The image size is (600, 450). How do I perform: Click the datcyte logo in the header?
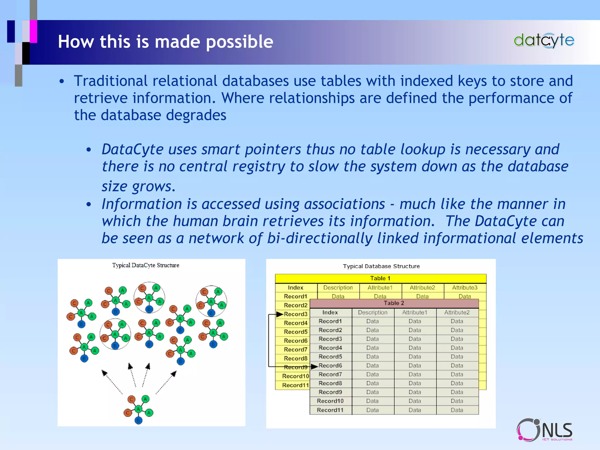point(544,40)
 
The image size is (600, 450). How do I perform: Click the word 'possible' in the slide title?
point(239,42)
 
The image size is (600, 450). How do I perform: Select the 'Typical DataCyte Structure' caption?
point(146,265)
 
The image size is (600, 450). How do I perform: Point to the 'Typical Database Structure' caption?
point(381,266)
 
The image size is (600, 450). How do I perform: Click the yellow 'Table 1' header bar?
point(380,278)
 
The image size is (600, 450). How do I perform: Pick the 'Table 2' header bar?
point(394,303)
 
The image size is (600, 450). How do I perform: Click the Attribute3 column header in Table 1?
point(465,288)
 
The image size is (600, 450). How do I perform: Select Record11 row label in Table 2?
point(330,410)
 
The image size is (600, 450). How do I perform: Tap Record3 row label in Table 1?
point(296,314)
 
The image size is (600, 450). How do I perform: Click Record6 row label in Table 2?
point(330,366)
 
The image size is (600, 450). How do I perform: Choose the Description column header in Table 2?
point(372,313)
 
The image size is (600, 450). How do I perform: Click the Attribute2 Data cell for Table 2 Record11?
point(457,410)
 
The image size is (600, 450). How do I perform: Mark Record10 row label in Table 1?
point(295,376)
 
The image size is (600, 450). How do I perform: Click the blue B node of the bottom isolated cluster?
point(138,421)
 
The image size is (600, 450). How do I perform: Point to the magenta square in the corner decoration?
point(33,31)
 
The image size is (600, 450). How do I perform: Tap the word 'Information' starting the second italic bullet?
point(142,204)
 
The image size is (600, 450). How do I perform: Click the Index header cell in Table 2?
point(330,313)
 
